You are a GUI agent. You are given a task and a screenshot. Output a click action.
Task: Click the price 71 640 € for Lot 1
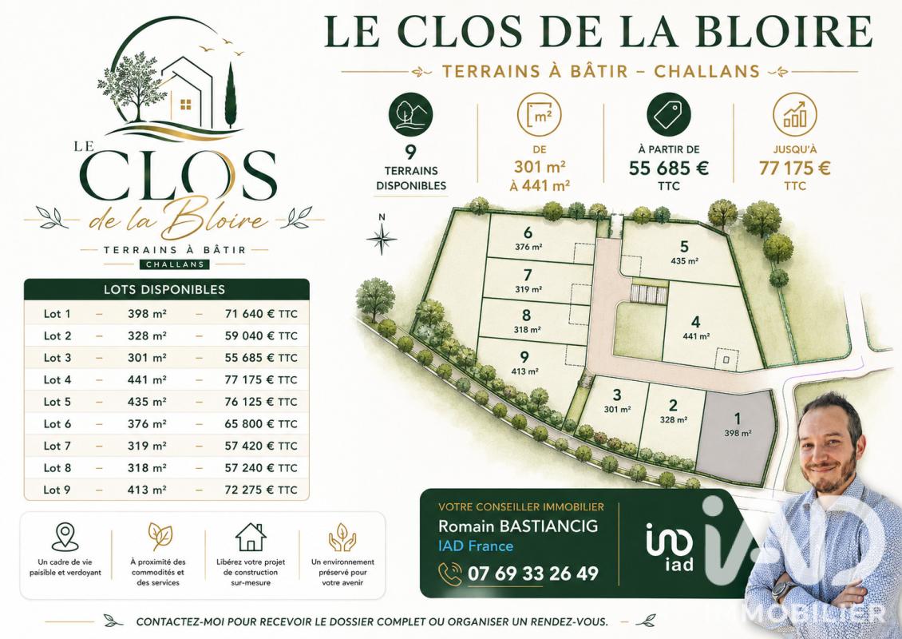point(250,314)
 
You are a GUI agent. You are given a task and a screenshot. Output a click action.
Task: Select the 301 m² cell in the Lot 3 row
point(147,358)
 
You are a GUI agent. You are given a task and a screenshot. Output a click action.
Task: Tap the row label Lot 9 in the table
point(57,490)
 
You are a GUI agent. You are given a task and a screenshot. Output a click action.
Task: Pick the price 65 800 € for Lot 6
point(250,423)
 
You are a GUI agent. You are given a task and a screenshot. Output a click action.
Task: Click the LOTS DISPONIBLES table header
point(164,290)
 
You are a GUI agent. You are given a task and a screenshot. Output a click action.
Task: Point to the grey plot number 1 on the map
point(738,419)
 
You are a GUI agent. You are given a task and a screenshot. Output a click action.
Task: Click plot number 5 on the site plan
point(684,247)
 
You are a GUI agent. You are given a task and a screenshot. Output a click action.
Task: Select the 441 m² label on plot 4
point(696,336)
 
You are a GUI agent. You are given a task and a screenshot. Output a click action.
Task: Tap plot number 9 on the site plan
point(524,358)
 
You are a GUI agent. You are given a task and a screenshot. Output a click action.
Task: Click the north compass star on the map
point(382,238)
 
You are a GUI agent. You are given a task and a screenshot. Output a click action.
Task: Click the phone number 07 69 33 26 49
point(533,574)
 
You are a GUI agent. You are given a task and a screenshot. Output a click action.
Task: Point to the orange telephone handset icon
point(450,574)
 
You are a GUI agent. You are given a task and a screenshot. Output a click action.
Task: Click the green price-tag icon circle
point(668,115)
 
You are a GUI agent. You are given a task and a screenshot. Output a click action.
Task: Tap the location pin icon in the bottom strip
point(65,537)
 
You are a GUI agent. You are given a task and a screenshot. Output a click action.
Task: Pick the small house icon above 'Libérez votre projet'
point(251,537)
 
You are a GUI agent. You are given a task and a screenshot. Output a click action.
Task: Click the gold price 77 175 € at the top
point(794,168)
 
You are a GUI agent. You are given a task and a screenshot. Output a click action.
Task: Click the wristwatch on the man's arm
point(781,590)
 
